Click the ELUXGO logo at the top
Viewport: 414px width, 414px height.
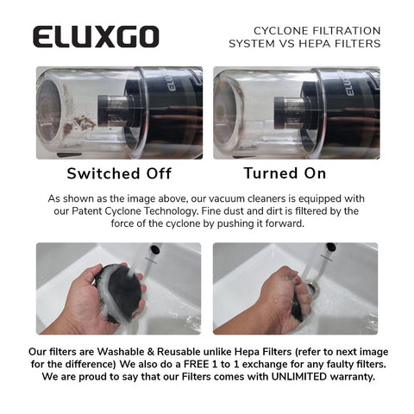pyautogui.click(x=96, y=36)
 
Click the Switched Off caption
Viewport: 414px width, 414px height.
pyautogui.click(x=119, y=173)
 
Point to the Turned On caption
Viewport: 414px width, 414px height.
pyautogui.click(x=285, y=173)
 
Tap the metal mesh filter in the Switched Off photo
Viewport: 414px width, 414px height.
pyautogui.click(x=116, y=110)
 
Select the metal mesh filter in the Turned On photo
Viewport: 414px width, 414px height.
pyautogui.click(x=293, y=112)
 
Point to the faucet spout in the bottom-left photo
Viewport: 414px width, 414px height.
pyautogui.click(x=155, y=249)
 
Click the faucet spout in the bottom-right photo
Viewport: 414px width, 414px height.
pyautogui.click(x=331, y=247)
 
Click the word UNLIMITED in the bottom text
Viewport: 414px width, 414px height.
pyautogui.click(x=299, y=376)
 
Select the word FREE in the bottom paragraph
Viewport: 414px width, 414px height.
pyautogui.click(x=196, y=364)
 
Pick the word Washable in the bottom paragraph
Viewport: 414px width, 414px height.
pyautogui.click(x=121, y=352)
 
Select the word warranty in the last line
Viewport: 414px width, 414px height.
pyautogui.click(x=353, y=377)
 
